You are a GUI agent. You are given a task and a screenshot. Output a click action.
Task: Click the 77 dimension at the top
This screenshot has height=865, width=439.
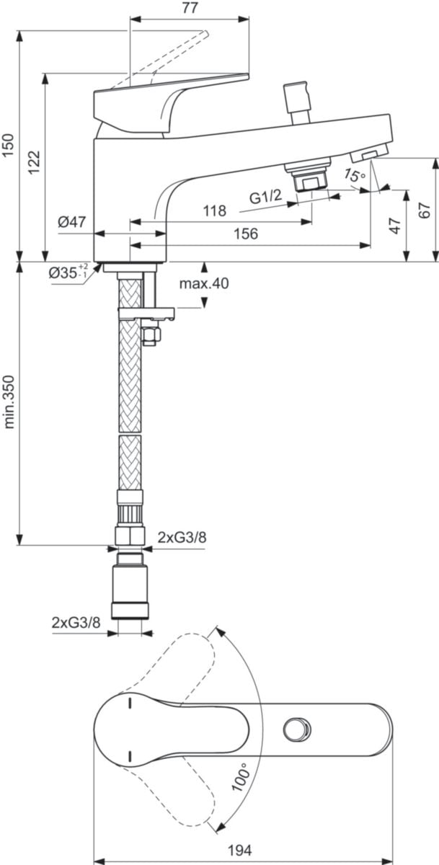(190, 8)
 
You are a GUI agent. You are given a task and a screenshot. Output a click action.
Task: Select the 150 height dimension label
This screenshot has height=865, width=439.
(8, 146)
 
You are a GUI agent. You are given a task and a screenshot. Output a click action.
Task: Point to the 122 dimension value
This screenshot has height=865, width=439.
(34, 163)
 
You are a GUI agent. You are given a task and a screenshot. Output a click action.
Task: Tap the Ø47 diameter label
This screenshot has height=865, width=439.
(72, 223)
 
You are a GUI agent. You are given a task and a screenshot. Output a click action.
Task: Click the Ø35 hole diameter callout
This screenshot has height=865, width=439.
(68, 272)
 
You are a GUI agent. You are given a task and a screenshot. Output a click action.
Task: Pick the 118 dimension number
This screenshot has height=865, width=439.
(215, 210)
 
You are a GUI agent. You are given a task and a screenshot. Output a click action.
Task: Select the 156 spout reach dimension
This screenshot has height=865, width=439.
(246, 234)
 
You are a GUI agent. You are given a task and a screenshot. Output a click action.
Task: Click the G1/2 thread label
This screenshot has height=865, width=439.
(266, 198)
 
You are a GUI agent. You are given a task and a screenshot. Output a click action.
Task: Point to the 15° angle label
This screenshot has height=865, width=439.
(355, 176)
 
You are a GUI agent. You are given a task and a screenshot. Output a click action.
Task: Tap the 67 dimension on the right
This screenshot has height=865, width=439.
(425, 210)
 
